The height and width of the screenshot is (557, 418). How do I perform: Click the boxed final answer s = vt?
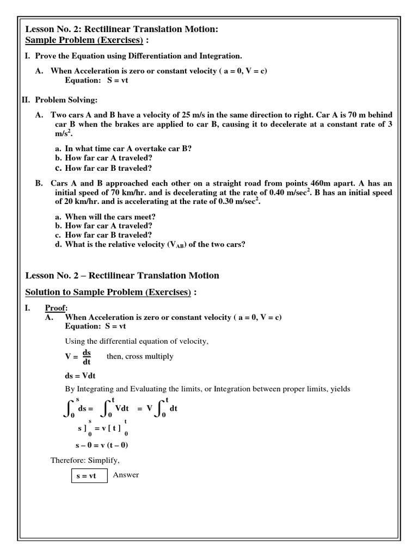point(85,475)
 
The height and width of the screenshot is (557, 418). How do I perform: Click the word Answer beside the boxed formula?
point(126,475)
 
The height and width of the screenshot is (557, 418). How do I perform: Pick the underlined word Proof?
point(56,308)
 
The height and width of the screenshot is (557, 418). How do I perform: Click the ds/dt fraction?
point(86,356)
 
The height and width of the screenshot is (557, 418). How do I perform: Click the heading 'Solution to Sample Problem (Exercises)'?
point(108,293)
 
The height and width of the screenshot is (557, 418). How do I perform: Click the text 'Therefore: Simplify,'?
point(85,460)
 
